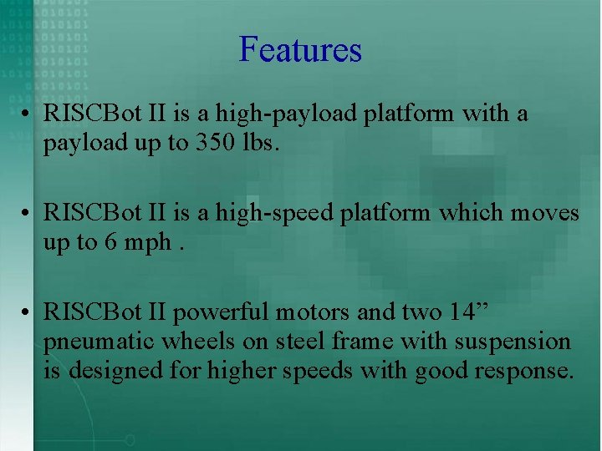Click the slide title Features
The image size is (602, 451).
[x=300, y=49]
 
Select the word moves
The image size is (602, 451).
[x=545, y=214]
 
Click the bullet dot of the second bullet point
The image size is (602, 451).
[x=28, y=214]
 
